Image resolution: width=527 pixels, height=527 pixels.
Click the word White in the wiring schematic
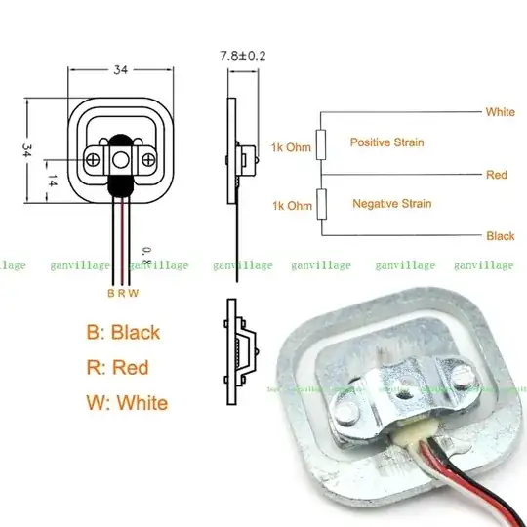pos(500,112)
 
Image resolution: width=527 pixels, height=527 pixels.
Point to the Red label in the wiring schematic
pos(496,175)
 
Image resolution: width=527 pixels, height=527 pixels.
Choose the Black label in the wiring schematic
pos(500,236)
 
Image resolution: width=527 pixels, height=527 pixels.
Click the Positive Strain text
pos(386,142)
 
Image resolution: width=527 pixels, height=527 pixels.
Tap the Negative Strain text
pos(390,204)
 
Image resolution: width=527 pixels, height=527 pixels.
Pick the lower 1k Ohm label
pos(293,205)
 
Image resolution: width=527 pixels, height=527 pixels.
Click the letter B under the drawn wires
pos(110,293)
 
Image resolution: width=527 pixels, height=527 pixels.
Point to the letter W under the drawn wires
pos(135,293)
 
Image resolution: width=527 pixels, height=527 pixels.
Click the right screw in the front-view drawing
pos(147,159)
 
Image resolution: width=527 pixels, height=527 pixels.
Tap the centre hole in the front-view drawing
pos(121,159)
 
